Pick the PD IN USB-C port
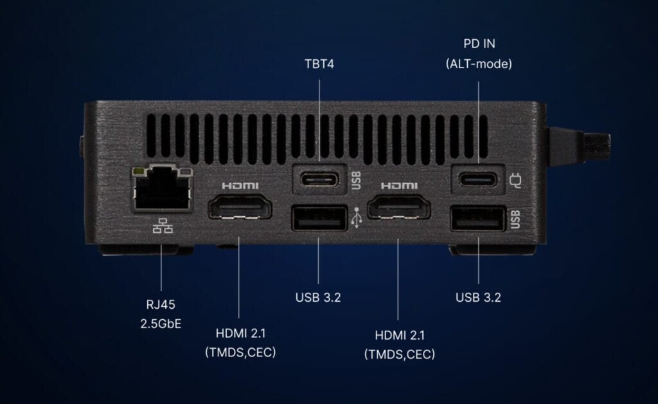(478, 178)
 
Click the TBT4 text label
(319, 64)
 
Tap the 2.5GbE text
(161, 324)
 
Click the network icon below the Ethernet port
(163, 226)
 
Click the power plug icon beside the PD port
(514, 179)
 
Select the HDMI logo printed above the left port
(240, 185)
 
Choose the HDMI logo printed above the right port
(399, 185)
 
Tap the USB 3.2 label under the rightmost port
(478, 297)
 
